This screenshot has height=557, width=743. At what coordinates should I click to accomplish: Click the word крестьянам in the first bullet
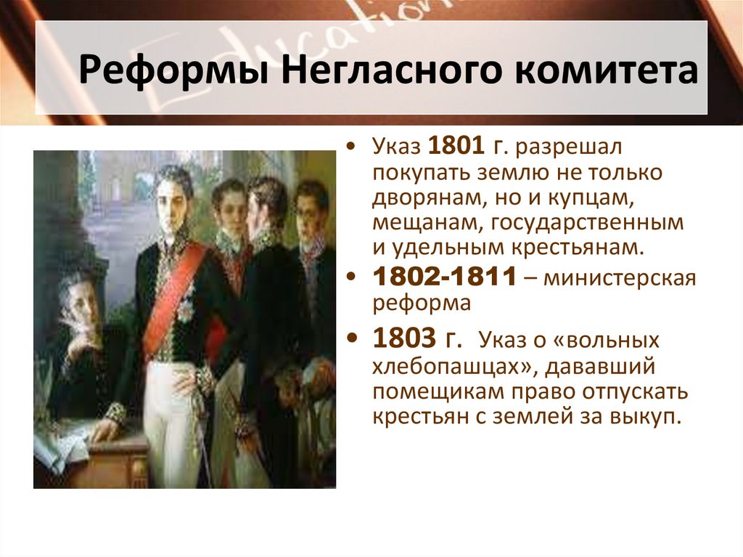click(x=578, y=247)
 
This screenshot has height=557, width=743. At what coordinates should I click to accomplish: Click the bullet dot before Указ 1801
click(x=352, y=148)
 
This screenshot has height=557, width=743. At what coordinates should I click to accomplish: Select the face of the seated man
click(x=75, y=297)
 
